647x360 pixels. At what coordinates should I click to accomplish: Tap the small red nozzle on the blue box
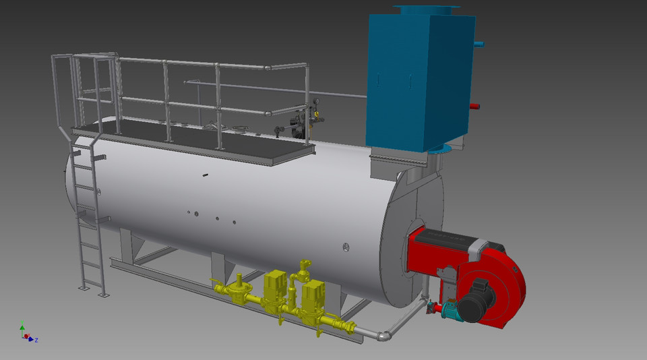click(x=474, y=106)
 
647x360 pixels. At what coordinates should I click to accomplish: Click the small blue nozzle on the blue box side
click(x=479, y=44)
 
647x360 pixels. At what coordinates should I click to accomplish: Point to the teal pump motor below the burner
click(x=448, y=308)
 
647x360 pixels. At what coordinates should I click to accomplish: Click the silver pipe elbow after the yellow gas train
click(x=385, y=333)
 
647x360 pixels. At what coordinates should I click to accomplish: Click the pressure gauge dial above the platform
click(x=315, y=103)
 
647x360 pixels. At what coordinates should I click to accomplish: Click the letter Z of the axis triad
click(x=36, y=340)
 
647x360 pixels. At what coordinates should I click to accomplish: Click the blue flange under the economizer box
click(x=443, y=148)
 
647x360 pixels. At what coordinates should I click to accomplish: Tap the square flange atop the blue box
click(x=426, y=9)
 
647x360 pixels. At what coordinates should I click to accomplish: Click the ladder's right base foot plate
click(x=102, y=295)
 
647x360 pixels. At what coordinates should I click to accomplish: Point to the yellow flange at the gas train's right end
click(x=351, y=328)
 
